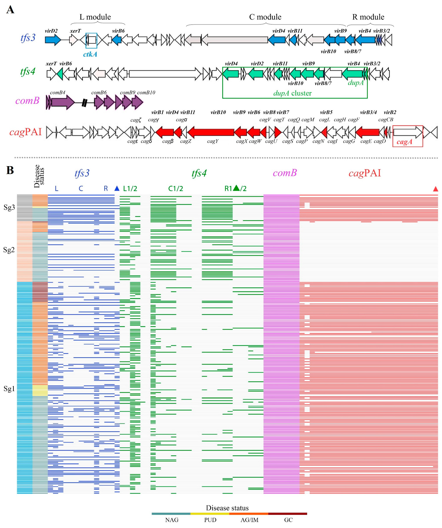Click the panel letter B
(x=10, y=170)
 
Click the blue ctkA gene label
(x=90, y=54)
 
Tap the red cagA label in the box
(x=404, y=142)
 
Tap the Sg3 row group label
(x=9, y=207)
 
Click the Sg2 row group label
(x=9, y=250)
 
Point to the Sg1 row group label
(x=9, y=389)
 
